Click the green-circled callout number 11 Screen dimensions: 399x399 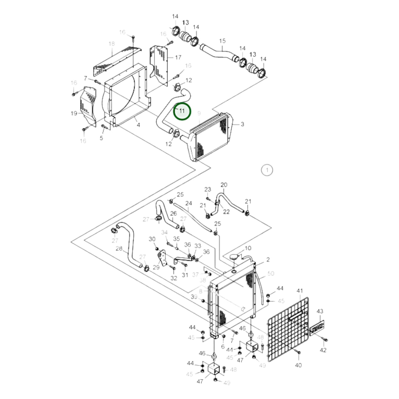182,111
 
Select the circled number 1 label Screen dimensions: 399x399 267,170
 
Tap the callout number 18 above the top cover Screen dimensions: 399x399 112,44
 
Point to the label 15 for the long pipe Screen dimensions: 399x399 222,41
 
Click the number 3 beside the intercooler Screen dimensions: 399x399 242,124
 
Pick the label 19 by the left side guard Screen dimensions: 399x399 74,113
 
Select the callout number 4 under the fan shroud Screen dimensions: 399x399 138,125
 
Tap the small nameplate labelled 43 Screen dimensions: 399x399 316,328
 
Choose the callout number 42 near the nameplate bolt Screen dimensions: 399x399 323,350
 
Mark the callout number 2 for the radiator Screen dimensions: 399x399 268,260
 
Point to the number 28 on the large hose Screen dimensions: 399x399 119,249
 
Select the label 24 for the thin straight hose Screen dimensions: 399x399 189,204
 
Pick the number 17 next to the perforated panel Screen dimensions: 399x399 178,57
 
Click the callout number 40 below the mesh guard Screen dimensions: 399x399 298,365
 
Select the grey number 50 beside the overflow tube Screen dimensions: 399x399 271,273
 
